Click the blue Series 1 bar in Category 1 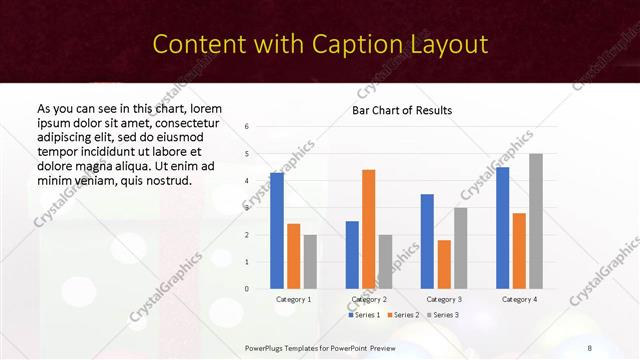tap(277, 231)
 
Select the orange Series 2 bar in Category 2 tap(368, 229)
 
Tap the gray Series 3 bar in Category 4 tap(536, 221)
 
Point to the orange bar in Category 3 tap(444, 264)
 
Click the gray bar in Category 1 tap(310, 262)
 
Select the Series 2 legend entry tap(404, 315)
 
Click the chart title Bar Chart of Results tap(402, 110)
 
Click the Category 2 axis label tap(369, 299)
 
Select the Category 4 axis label tap(519, 299)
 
